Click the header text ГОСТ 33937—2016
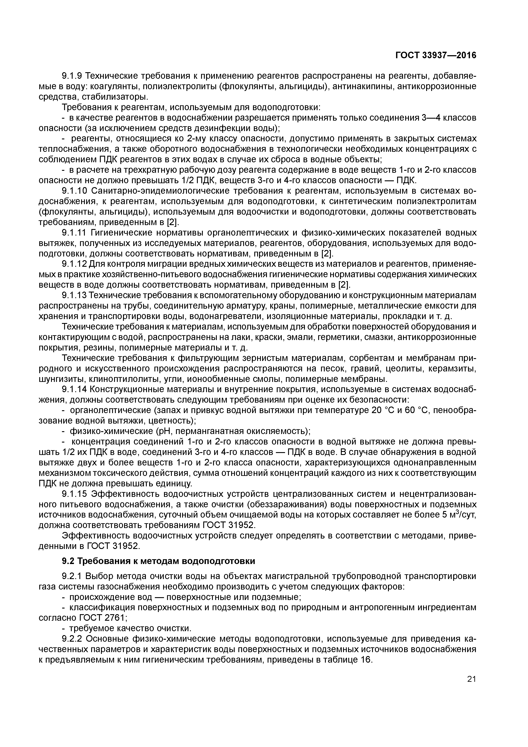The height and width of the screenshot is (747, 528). pos(436,55)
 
